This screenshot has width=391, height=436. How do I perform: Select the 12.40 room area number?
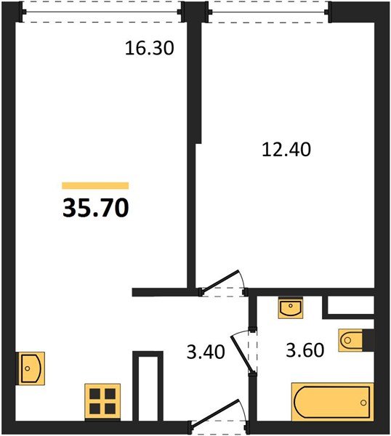tap(286, 150)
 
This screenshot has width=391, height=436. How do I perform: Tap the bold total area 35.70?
tap(96, 209)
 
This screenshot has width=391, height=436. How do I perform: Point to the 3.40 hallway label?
tap(206, 354)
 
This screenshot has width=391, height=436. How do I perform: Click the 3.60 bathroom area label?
tap(304, 354)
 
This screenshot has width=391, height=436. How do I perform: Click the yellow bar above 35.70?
tap(95, 186)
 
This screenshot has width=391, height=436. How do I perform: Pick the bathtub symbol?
tap(332, 402)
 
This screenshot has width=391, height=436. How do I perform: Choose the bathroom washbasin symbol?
tap(291, 307)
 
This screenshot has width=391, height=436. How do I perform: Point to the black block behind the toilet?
tap(369, 339)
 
